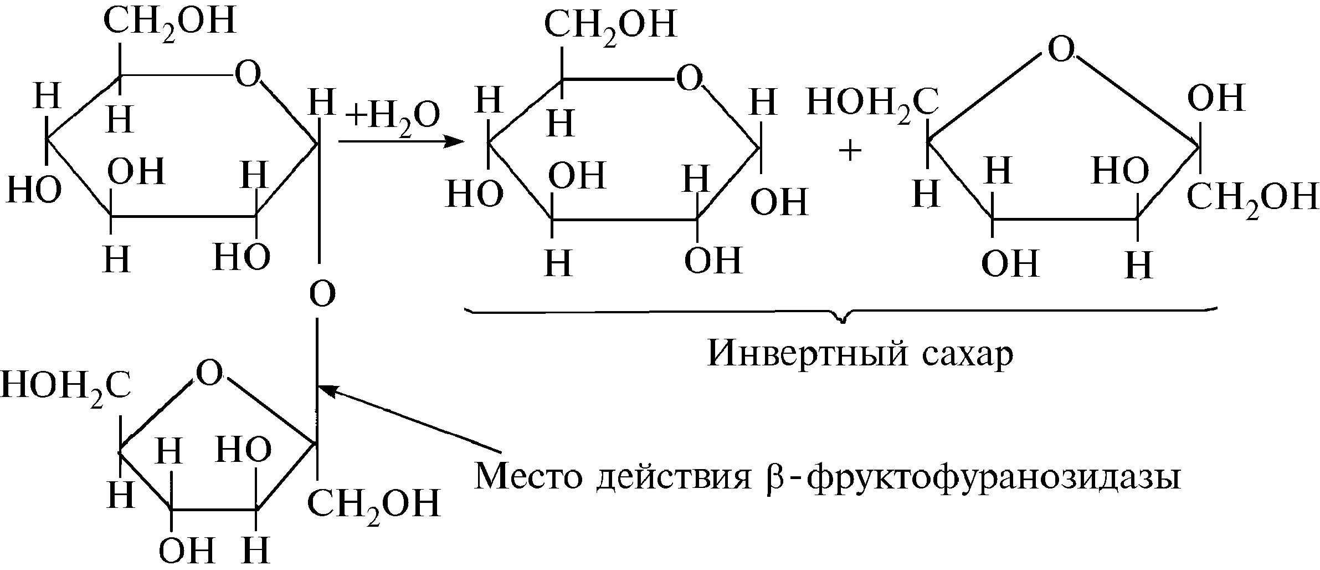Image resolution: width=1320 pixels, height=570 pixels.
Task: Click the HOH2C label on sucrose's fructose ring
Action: pyautogui.click(x=65, y=386)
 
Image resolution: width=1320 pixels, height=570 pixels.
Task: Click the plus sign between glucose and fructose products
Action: pyautogui.click(x=850, y=151)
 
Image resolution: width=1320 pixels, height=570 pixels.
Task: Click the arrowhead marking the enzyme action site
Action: pyautogui.click(x=327, y=389)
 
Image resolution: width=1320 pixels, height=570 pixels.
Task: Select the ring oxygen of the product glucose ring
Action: pyautogui.click(x=689, y=79)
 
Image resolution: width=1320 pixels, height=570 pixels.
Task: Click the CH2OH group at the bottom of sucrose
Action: pyautogui.click(x=374, y=504)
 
